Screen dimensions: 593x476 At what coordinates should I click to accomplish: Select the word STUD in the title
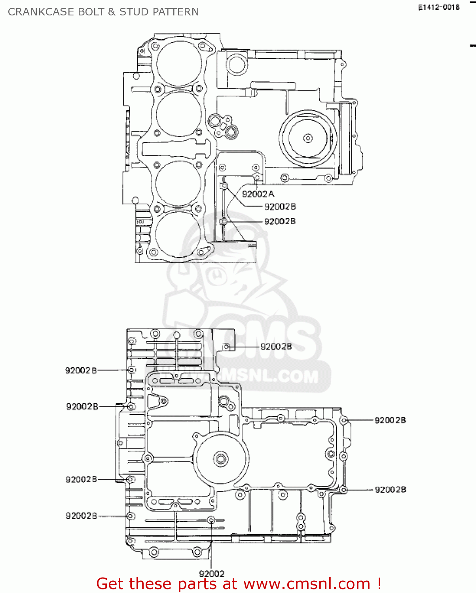134,12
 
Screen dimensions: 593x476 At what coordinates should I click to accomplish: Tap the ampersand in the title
111,12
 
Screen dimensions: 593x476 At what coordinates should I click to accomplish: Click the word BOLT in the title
91,12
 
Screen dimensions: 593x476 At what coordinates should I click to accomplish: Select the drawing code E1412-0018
439,7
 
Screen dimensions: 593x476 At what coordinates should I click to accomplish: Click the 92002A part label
258,194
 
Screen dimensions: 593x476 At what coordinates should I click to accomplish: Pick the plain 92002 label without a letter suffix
211,573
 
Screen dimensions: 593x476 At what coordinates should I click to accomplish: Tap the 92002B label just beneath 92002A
280,206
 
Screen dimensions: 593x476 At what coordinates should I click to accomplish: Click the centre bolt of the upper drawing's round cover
308,138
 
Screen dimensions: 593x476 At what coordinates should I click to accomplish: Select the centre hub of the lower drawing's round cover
220,459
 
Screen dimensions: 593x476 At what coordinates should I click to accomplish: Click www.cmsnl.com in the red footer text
306,584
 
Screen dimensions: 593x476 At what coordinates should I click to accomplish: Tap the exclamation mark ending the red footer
379,584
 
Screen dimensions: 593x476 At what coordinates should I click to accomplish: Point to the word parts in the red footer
197,584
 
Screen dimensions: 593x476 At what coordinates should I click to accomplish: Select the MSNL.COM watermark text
273,376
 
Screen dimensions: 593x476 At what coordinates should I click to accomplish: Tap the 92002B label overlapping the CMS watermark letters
276,346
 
